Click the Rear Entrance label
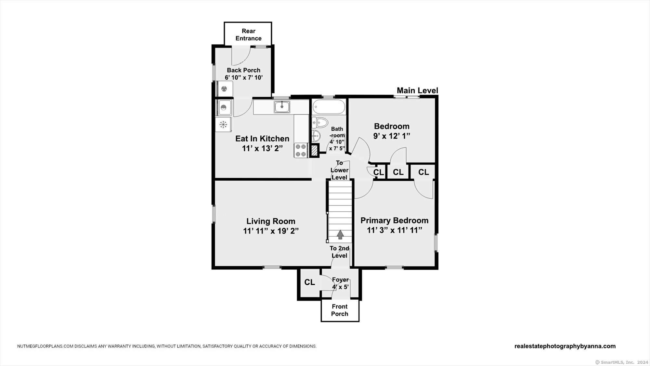tap(248, 35)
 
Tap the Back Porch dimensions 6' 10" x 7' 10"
tap(244, 78)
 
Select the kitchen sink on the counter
tap(282, 107)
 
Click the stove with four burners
tap(301, 151)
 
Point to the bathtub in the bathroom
tap(329, 107)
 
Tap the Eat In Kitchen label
tap(262, 139)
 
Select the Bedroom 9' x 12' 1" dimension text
tap(392, 136)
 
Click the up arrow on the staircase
tap(340, 235)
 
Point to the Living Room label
tap(271, 221)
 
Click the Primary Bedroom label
tap(395, 221)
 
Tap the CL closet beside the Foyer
tap(309, 282)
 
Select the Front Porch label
tap(340, 310)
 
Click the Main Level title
tap(417, 90)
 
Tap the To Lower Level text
tap(339, 170)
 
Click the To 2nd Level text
tap(339, 252)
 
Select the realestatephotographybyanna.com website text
tap(565, 346)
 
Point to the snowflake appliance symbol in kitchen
tap(223, 124)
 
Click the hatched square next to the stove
tap(314, 151)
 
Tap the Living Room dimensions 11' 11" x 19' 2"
tap(271, 231)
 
